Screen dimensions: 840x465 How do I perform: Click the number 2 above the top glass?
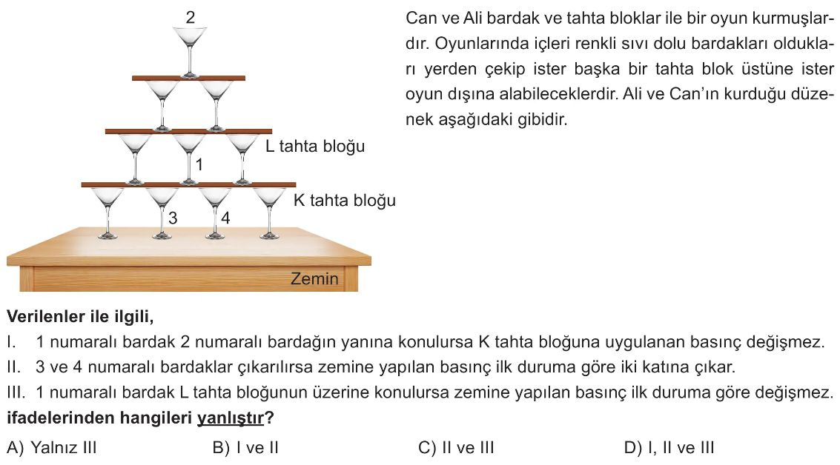point(191,18)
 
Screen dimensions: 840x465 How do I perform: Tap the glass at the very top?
point(190,53)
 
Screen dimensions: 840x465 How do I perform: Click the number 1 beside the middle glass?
point(199,164)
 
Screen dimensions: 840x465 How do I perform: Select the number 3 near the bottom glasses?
point(173,218)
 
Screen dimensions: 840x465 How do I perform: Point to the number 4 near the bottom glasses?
point(225,218)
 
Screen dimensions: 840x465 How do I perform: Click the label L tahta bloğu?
point(315,146)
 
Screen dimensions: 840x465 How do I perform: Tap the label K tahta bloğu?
point(345,200)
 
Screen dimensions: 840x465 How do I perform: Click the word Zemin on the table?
point(314,278)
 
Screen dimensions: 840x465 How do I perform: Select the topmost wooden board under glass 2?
point(188,78)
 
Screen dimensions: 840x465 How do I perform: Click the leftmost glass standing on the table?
point(108,213)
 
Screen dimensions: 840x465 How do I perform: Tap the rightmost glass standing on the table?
point(269,213)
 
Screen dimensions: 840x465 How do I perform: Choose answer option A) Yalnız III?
point(51,447)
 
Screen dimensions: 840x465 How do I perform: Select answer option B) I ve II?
point(245,447)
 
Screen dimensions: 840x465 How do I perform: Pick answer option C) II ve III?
point(456,447)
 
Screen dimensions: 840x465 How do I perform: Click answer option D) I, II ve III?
point(669,447)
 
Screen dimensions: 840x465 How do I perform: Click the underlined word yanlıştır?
point(231,418)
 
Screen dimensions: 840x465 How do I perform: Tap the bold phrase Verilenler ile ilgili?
point(80,317)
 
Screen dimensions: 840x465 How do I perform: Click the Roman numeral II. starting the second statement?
point(14,367)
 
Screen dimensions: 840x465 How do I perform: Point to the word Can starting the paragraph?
point(420,19)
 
